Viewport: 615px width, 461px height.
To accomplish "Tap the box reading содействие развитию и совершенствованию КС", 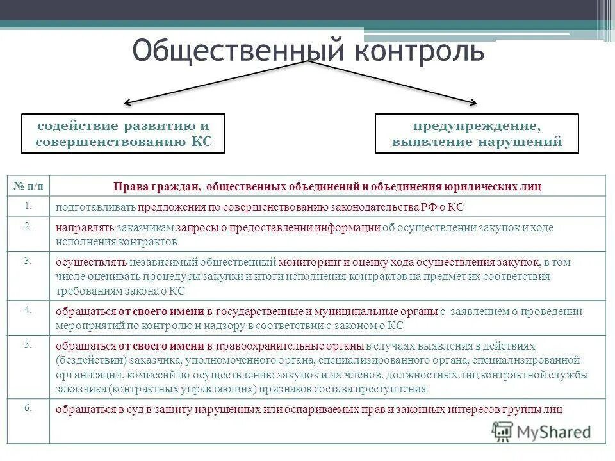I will pos(124,133).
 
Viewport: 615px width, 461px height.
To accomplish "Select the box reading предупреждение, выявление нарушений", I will pos(477,133).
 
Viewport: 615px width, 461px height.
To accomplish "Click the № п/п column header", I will pos(29,186).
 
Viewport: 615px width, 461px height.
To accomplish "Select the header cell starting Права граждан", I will pos(327,186).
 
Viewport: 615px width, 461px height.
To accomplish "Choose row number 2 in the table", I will pos(29,226).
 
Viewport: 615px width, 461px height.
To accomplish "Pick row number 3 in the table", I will pos(29,261).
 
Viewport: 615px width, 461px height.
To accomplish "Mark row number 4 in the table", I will pos(29,310).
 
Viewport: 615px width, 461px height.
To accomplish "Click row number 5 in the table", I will pos(29,344).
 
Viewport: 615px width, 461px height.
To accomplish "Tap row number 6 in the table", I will pos(29,407).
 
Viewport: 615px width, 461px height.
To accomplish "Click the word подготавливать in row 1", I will pos(95,207).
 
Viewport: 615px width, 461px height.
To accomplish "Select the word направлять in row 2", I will pos(85,227).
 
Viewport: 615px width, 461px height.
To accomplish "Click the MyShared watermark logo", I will pos(542,432).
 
